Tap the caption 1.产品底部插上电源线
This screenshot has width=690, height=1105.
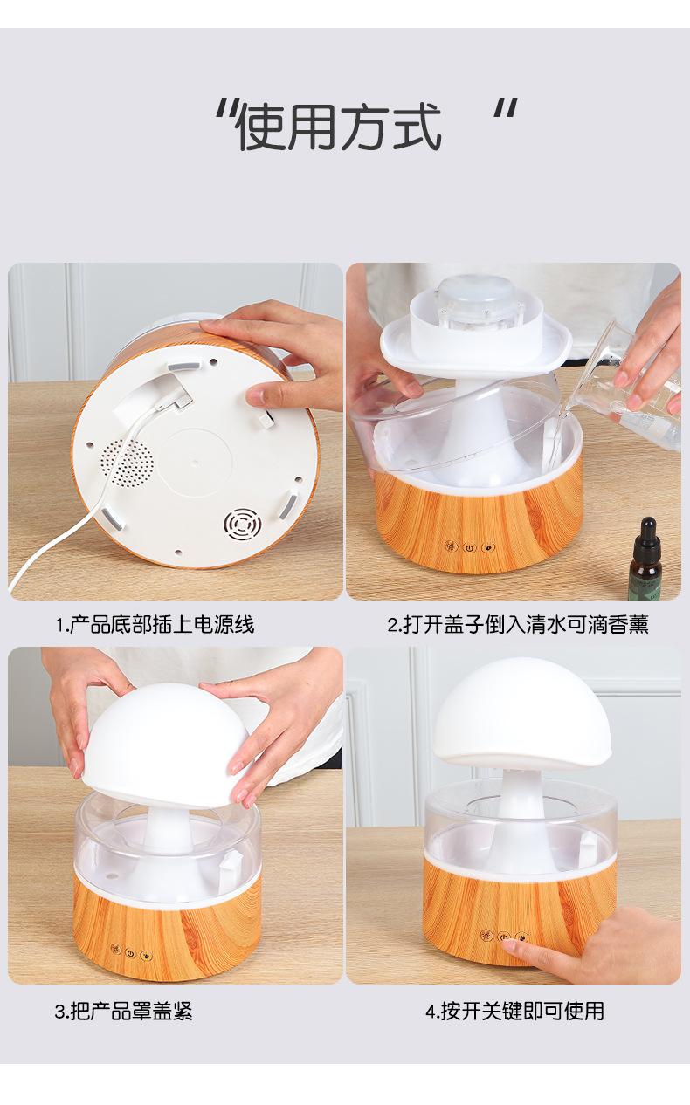pos(155,625)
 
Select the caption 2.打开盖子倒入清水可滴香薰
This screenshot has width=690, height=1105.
pos(518,625)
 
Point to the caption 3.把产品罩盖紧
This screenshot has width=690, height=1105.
pos(123,1011)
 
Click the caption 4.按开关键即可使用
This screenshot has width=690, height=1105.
pos(515,1011)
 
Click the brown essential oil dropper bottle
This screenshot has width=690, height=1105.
pos(647,558)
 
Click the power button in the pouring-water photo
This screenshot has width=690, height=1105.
pos(469,547)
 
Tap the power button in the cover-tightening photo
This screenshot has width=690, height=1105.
pos(130,954)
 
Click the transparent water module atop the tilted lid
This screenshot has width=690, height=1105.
pos(477,303)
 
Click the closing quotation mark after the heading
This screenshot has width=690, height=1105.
pos(506,109)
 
